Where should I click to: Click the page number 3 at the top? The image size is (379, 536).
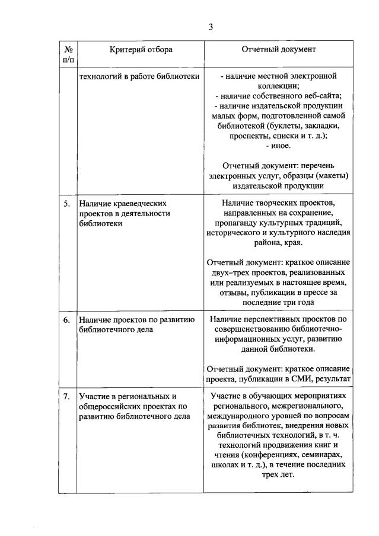click(210, 26)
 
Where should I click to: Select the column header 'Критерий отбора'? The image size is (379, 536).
click(141, 49)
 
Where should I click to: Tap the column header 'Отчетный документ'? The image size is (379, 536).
click(278, 49)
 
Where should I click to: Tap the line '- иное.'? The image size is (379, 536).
click(278, 145)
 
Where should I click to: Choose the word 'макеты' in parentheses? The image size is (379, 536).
click(331, 176)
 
